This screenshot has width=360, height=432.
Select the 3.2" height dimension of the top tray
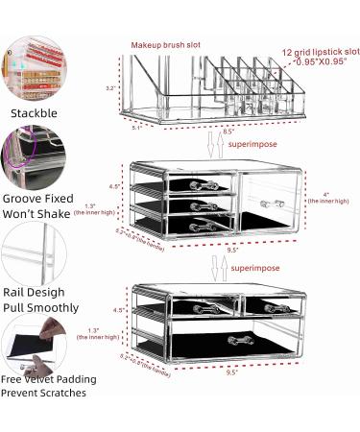coord(112,87)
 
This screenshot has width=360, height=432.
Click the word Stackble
coord(33,112)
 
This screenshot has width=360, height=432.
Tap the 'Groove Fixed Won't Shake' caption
coord(35,204)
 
